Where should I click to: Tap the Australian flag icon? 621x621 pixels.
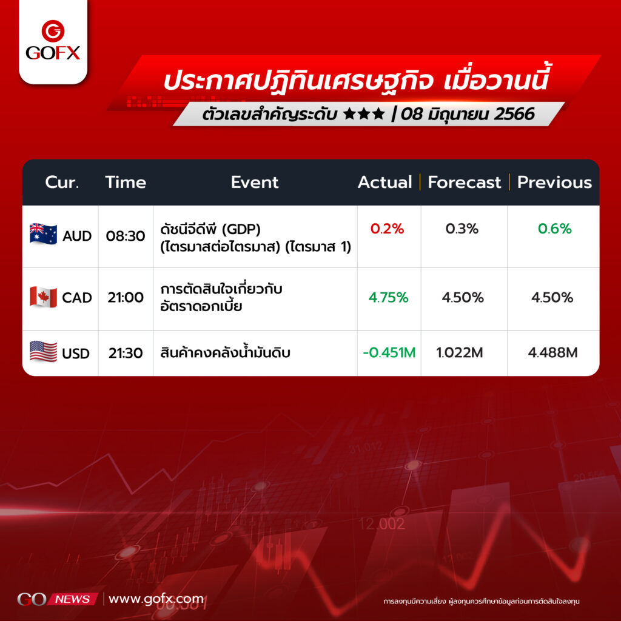coord(43,233)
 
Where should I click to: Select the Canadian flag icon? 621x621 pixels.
coord(43,297)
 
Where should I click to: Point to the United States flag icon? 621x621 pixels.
coord(43,351)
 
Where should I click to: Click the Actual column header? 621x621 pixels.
coord(384,182)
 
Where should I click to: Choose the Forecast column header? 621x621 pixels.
coord(464,182)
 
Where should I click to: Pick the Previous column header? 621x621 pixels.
coord(554,182)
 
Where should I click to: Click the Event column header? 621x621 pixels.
coord(255,182)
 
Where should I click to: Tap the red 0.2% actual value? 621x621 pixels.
coord(387,229)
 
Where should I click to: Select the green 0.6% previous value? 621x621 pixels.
coord(554,229)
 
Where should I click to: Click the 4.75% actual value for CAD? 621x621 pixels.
coord(388,297)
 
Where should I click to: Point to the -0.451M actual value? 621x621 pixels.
coord(389,352)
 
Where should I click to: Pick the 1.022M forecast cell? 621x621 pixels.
coord(460,352)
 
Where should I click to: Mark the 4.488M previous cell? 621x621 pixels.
coord(552,352)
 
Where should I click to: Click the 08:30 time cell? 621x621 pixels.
coord(126,236)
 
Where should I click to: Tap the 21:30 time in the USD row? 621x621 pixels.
coord(126,353)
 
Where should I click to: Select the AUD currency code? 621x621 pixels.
coord(77,236)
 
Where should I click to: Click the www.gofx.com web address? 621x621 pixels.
coord(156,599)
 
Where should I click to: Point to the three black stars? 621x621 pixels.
coord(364,114)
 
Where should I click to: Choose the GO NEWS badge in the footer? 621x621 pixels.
coord(58,599)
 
